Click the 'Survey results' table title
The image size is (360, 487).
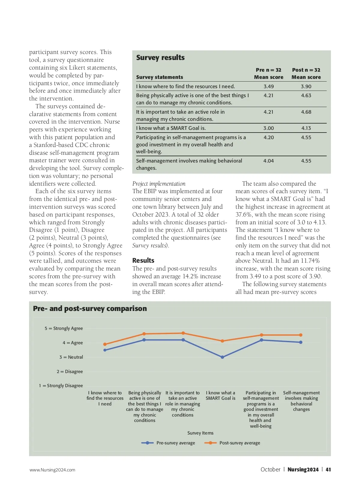pos(160,58)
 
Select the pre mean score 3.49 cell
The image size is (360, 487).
pos(268,86)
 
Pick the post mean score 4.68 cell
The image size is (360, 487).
pos(306,112)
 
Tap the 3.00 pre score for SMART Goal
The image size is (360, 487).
pos(268,128)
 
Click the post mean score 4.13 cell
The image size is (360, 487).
pos(306,128)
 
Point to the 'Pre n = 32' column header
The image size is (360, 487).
pos(268,70)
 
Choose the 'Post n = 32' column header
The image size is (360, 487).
pos(306,70)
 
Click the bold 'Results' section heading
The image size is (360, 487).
pos(143,260)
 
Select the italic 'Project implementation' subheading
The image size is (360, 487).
pos(159,184)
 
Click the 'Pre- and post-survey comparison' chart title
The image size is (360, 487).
pos(90,309)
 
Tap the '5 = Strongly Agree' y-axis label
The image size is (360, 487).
pos(64,328)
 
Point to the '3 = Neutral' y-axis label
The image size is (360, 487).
pos(71,357)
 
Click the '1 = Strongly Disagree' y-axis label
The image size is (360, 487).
pos(61,386)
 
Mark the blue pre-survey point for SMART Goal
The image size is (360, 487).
pos(222,357)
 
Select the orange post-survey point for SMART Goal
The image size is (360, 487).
pos(222,341)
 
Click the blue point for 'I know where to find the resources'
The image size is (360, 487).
pos(105,350)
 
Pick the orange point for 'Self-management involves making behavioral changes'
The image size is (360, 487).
pos(301,335)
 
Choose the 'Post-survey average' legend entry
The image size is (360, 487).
pos(239,443)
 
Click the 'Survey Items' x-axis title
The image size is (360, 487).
pos(200,433)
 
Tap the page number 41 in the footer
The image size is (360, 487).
pos(328,470)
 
